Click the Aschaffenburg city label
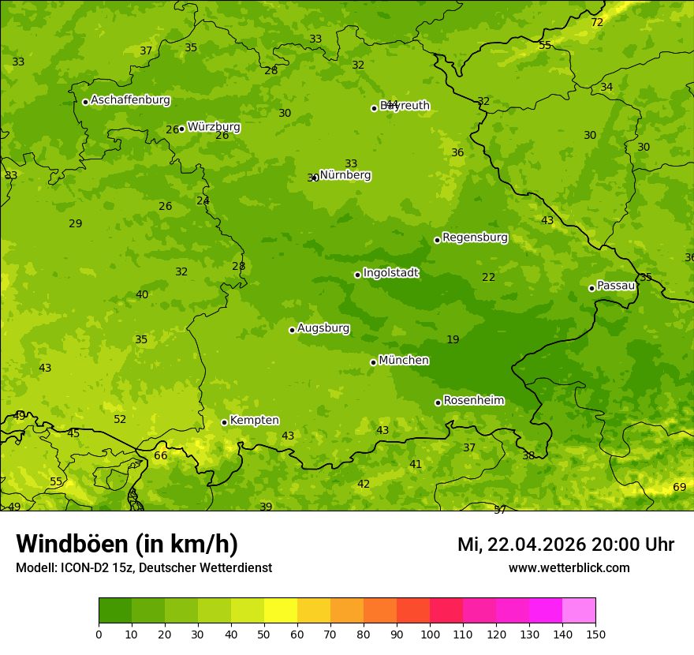tap(130, 100)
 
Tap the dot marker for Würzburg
tap(181, 129)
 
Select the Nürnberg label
tap(345, 175)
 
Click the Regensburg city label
tap(475, 238)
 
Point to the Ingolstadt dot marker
tap(357, 275)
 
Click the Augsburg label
tap(323, 328)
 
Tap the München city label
tap(404, 361)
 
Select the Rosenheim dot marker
tap(438, 402)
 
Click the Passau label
tap(616, 286)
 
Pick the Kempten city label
tap(254, 421)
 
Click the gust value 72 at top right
tap(597, 22)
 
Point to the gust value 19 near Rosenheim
tap(453, 340)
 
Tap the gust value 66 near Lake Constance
tap(161, 456)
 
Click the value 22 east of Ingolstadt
tap(489, 277)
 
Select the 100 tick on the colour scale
tap(430, 634)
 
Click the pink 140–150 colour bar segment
tap(579, 611)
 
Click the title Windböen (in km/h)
tap(127, 544)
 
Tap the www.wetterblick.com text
tap(569, 567)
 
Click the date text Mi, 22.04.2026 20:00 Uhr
tap(565, 545)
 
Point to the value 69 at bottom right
tap(679, 488)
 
